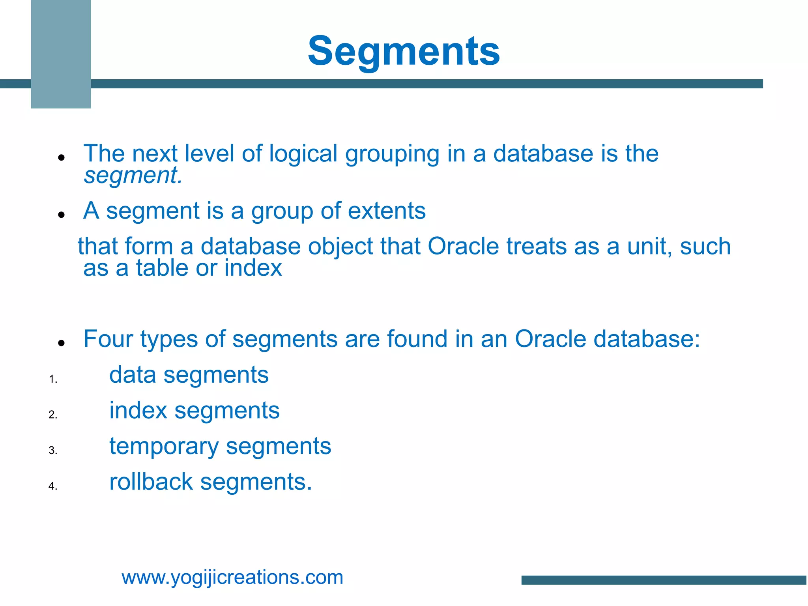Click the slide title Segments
tap(404, 51)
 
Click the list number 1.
tap(53, 380)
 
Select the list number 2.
tap(53, 415)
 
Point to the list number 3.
tap(53, 451)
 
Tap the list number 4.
tap(53, 486)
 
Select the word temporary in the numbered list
tap(164, 447)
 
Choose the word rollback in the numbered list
tap(151, 482)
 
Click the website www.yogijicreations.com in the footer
tap(232, 578)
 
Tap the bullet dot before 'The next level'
tap(61, 157)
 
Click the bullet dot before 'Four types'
tap(61, 343)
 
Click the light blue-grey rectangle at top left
tap(61, 54)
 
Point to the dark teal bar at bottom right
tap(664, 580)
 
